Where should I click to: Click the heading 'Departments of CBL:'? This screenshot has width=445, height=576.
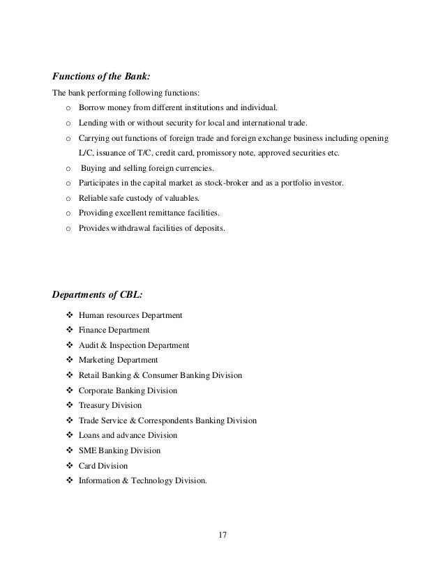98,293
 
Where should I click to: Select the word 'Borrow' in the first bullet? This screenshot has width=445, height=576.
92,108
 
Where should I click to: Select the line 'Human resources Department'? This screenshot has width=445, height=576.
130,315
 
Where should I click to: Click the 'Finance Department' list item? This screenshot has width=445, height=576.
114,330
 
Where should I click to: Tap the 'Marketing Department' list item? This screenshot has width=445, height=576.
118,360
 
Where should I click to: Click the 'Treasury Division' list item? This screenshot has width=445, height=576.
110,405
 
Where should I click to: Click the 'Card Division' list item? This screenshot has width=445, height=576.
103,465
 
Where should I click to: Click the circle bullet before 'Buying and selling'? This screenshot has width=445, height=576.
68,169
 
